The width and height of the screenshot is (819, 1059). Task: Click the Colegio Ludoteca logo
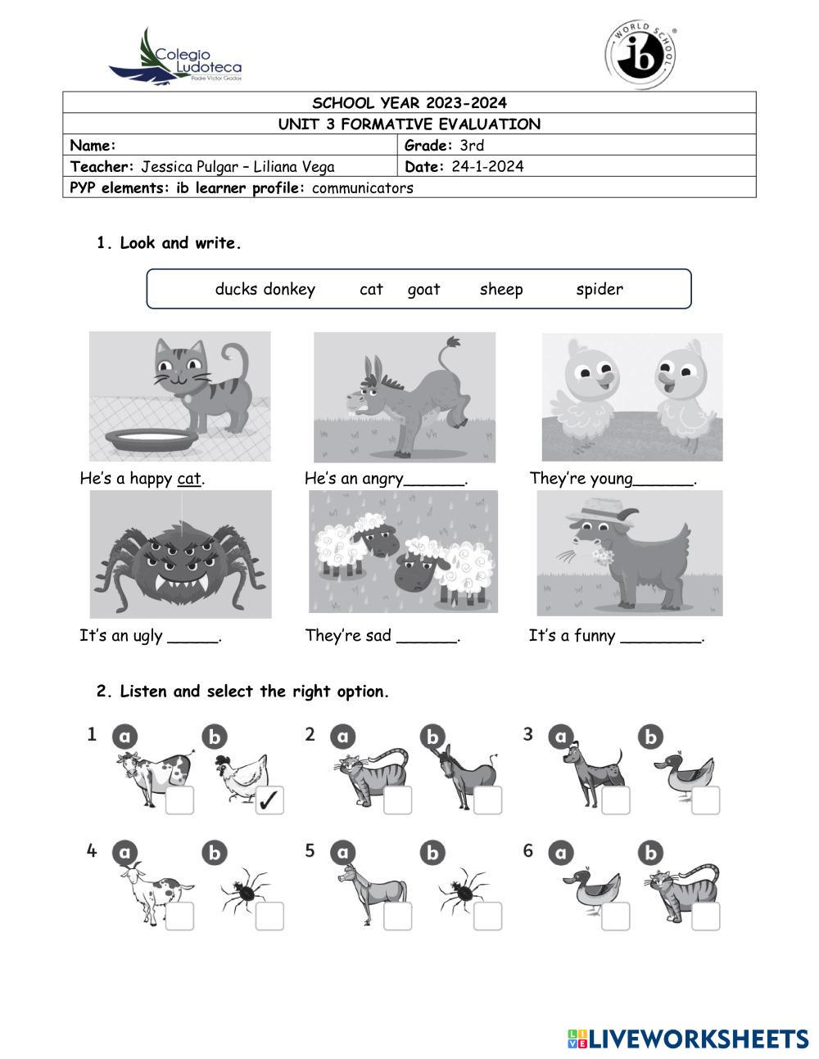tap(175, 57)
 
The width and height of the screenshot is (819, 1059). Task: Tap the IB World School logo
tap(640, 56)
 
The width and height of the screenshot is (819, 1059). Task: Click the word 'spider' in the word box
tap(600, 289)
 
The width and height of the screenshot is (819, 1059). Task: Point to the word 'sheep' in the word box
tap(501, 289)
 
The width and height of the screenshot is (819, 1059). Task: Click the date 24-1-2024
tap(487, 167)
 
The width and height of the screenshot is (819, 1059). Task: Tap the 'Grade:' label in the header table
tap(428, 146)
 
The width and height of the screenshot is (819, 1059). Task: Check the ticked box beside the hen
tap(269, 800)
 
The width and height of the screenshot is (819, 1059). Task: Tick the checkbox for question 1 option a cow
tap(179, 800)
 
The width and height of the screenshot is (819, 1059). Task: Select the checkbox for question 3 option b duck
tap(705, 800)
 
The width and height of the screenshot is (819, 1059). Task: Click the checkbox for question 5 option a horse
tap(398, 917)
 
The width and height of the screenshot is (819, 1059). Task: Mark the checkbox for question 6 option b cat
tap(705, 917)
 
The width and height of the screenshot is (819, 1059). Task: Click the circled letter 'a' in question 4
tap(124, 852)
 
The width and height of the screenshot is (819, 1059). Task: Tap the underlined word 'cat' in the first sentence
tap(188, 479)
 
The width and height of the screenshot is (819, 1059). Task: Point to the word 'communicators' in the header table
tap(363, 188)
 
